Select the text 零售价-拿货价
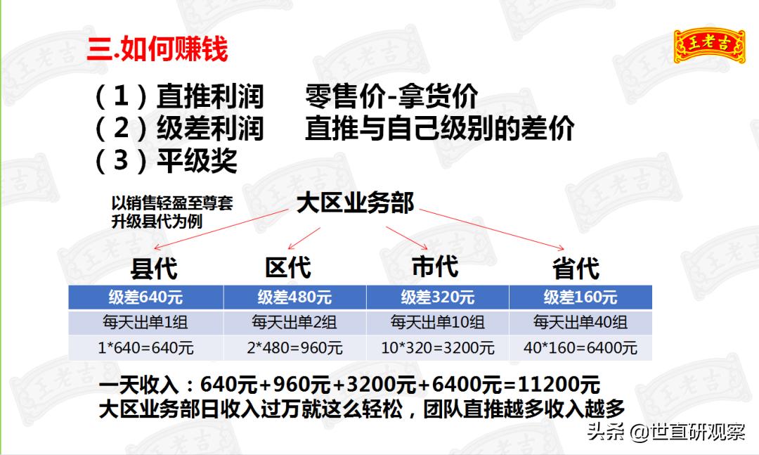click(x=392, y=96)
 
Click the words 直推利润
click(x=209, y=96)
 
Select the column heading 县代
click(x=155, y=269)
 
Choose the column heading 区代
click(x=287, y=268)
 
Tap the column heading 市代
click(x=434, y=267)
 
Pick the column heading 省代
click(x=576, y=269)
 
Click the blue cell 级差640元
click(x=146, y=297)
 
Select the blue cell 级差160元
click(x=580, y=297)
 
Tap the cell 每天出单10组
click(x=437, y=323)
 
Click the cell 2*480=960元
click(x=295, y=348)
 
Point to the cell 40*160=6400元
click(x=580, y=348)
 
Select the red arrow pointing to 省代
click(x=492, y=229)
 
